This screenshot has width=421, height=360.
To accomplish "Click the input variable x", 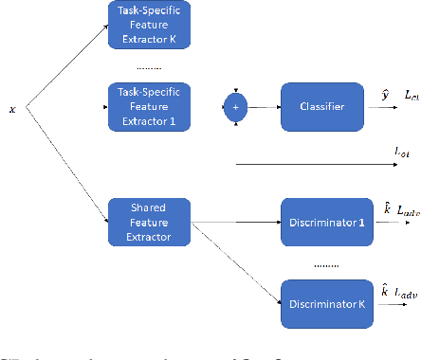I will (x=12, y=109).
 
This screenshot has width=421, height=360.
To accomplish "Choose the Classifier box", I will (x=321, y=106).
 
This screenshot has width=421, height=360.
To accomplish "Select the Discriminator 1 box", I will (x=321, y=222).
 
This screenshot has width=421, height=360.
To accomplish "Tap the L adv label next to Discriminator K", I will (x=407, y=297).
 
